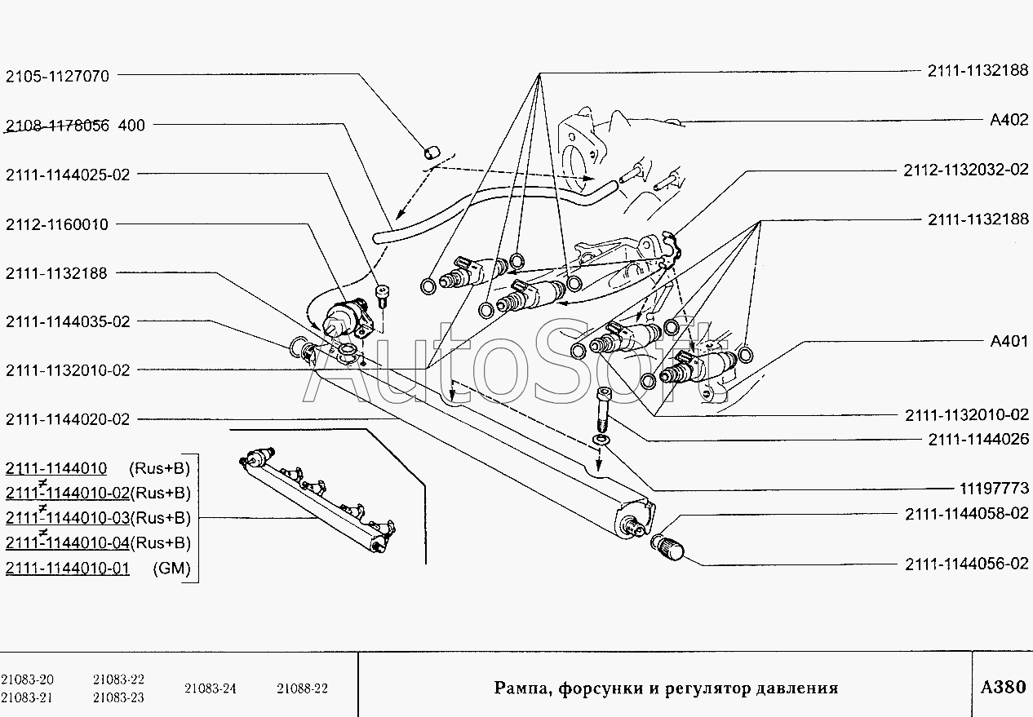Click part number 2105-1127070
[57, 76]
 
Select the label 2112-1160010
[57, 224]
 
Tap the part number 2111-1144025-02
[68, 175]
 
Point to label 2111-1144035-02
[68, 321]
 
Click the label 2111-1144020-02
[68, 419]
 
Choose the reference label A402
[1009, 120]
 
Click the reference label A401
[1009, 341]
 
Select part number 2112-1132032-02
[965, 170]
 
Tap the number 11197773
[994, 488]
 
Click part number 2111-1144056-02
[967, 564]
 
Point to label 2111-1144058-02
[967, 514]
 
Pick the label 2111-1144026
[978, 439]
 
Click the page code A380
[1003, 687]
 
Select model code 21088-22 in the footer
[302, 688]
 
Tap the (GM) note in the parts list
[171, 568]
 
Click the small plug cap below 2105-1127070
[432, 153]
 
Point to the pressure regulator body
[346, 318]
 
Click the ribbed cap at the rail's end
[667, 548]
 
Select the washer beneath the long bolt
[601, 440]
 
